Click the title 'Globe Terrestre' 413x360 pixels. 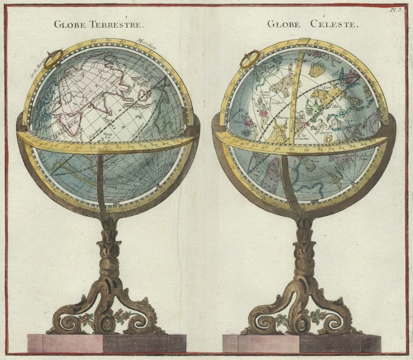tap(98, 24)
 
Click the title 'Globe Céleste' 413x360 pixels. tap(312, 24)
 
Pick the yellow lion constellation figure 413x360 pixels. tap(323, 96)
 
